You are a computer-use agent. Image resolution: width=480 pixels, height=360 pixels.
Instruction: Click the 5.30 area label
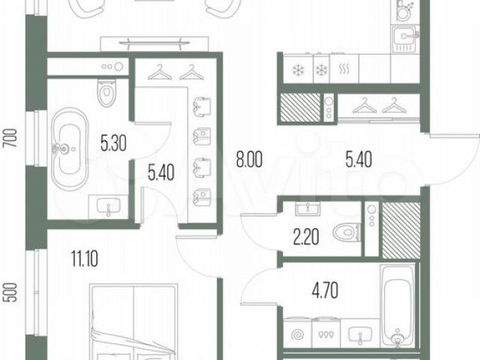click(x=113, y=143)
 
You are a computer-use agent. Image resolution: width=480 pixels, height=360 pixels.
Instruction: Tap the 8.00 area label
click(x=249, y=160)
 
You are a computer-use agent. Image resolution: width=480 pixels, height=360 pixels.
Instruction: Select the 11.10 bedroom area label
click(x=85, y=259)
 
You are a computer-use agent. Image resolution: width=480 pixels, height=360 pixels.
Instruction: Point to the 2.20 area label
click(x=306, y=238)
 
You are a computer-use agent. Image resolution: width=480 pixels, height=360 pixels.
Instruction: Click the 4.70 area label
click(x=325, y=290)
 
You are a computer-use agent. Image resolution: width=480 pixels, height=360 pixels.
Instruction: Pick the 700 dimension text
click(x=11, y=139)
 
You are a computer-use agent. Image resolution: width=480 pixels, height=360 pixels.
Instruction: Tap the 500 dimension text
click(x=11, y=292)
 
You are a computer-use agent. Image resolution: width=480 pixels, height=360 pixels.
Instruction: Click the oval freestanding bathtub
click(x=70, y=149)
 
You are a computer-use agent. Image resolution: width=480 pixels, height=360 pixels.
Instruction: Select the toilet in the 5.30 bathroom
click(x=106, y=93)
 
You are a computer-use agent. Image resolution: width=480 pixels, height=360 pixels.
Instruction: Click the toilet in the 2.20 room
click(x=346, y=232)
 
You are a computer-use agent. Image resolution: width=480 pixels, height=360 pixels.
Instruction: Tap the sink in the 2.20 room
click(x=307, y=208)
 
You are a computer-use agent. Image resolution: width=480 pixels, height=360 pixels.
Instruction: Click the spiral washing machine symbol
click(x=297, y=334)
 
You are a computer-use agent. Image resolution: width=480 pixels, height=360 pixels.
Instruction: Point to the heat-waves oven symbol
click(x=344, y=69)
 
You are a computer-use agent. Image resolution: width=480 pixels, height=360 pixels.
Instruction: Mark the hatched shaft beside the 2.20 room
click(x=401, y=229)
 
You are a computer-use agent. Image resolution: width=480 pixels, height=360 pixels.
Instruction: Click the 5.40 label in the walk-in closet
click(x=160, y=172)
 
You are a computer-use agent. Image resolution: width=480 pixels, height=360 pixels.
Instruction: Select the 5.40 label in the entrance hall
click(x=358, y=160)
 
